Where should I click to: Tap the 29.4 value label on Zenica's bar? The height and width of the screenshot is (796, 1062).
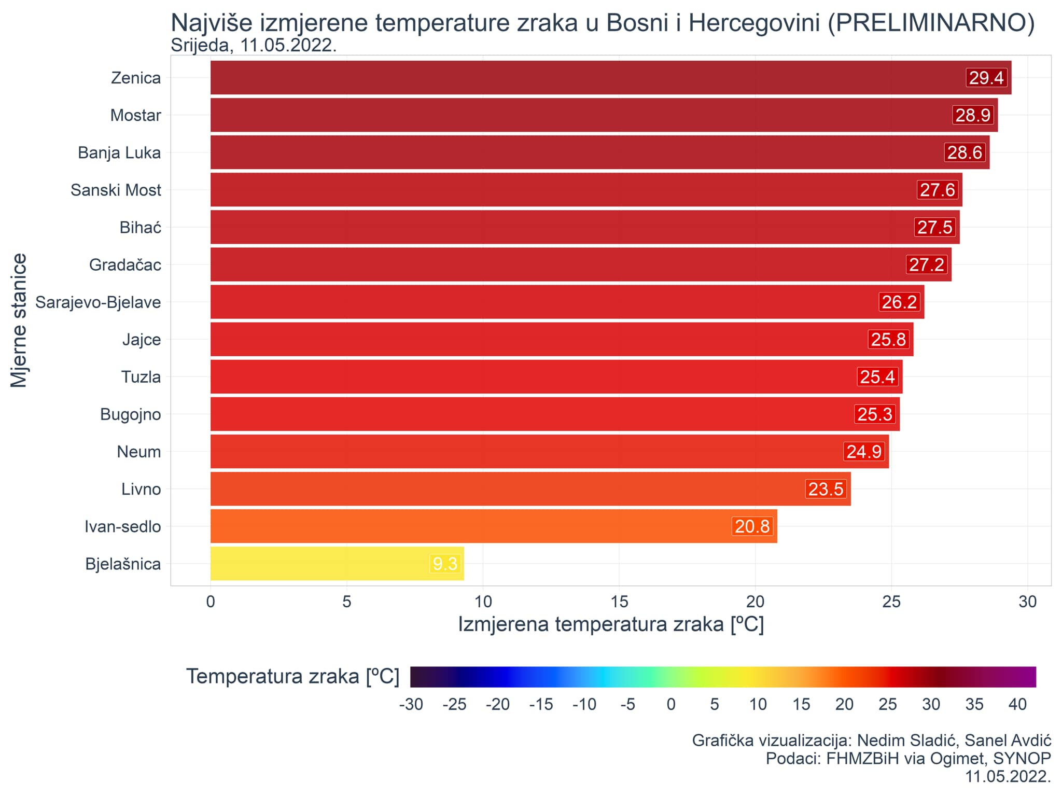pyautogui.click(x=986, y=78)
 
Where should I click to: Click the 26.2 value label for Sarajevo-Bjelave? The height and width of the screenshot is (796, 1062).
pyautogui.click(x=899, y=302)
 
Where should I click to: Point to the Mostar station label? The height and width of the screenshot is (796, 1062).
pyautogui.click(x=135, y=115)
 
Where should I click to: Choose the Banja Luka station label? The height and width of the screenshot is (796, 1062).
pyautogui.click(x=119, y=152)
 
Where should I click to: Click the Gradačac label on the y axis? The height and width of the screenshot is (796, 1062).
pyautogui.click(x=125, y=264)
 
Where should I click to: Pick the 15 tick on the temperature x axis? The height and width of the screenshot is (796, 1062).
pyautogui.click(x=619, y=602)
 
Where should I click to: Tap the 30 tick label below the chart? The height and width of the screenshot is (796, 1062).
pyautogui.click(x=1027, y=602)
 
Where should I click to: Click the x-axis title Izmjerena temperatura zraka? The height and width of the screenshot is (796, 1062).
pyautogui.click(x=610, y=624)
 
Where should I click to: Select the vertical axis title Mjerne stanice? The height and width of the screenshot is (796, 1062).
pyautogui.click(x=19, y=320)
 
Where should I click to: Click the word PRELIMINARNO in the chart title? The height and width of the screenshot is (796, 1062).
pyautogui.click(x=931, y=23)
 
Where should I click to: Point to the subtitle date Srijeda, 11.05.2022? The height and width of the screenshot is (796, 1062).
pyautogui.click(x=254, y=46)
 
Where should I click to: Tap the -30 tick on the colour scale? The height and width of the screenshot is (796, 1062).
pyautogui.click(x=411, y=704)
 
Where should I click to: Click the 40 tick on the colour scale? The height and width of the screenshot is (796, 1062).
pyautogui.click(x=1017, y=704)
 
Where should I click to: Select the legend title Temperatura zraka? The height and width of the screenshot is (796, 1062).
pyautogui.click(x=292, y=676)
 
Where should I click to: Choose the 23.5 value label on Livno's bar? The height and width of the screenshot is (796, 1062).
pyautogui.click(x=826, y=488)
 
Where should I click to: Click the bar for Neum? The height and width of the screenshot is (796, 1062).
pyautogui.click(x=519, y=451)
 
